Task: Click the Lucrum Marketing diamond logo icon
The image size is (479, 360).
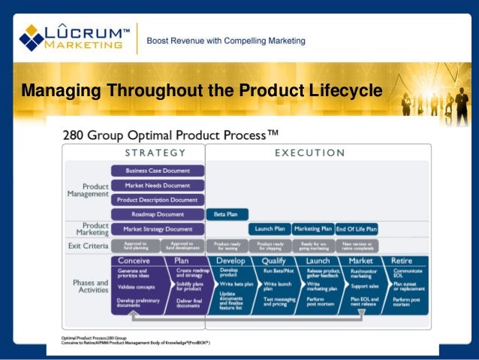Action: click(32, 37)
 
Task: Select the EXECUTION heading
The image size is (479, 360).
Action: click(309, 153)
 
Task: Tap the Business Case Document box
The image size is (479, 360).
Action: click(158, 171)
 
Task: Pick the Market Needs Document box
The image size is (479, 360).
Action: click(158, 185)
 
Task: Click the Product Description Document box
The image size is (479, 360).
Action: click(158, 200)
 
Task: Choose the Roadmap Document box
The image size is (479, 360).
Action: click(158, 214)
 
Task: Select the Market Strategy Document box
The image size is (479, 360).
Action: click(158, 228)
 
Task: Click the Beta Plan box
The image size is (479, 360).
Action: click(226, 214)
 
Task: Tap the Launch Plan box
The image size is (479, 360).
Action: click(270, 228)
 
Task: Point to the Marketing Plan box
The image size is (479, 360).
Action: click(313, 228)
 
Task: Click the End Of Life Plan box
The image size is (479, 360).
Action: click(357, 228)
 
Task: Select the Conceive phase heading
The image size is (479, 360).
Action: click(134, 261)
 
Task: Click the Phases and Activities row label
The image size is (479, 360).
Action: click(89, 286)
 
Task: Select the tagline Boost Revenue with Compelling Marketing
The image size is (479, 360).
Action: click(225, 40)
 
